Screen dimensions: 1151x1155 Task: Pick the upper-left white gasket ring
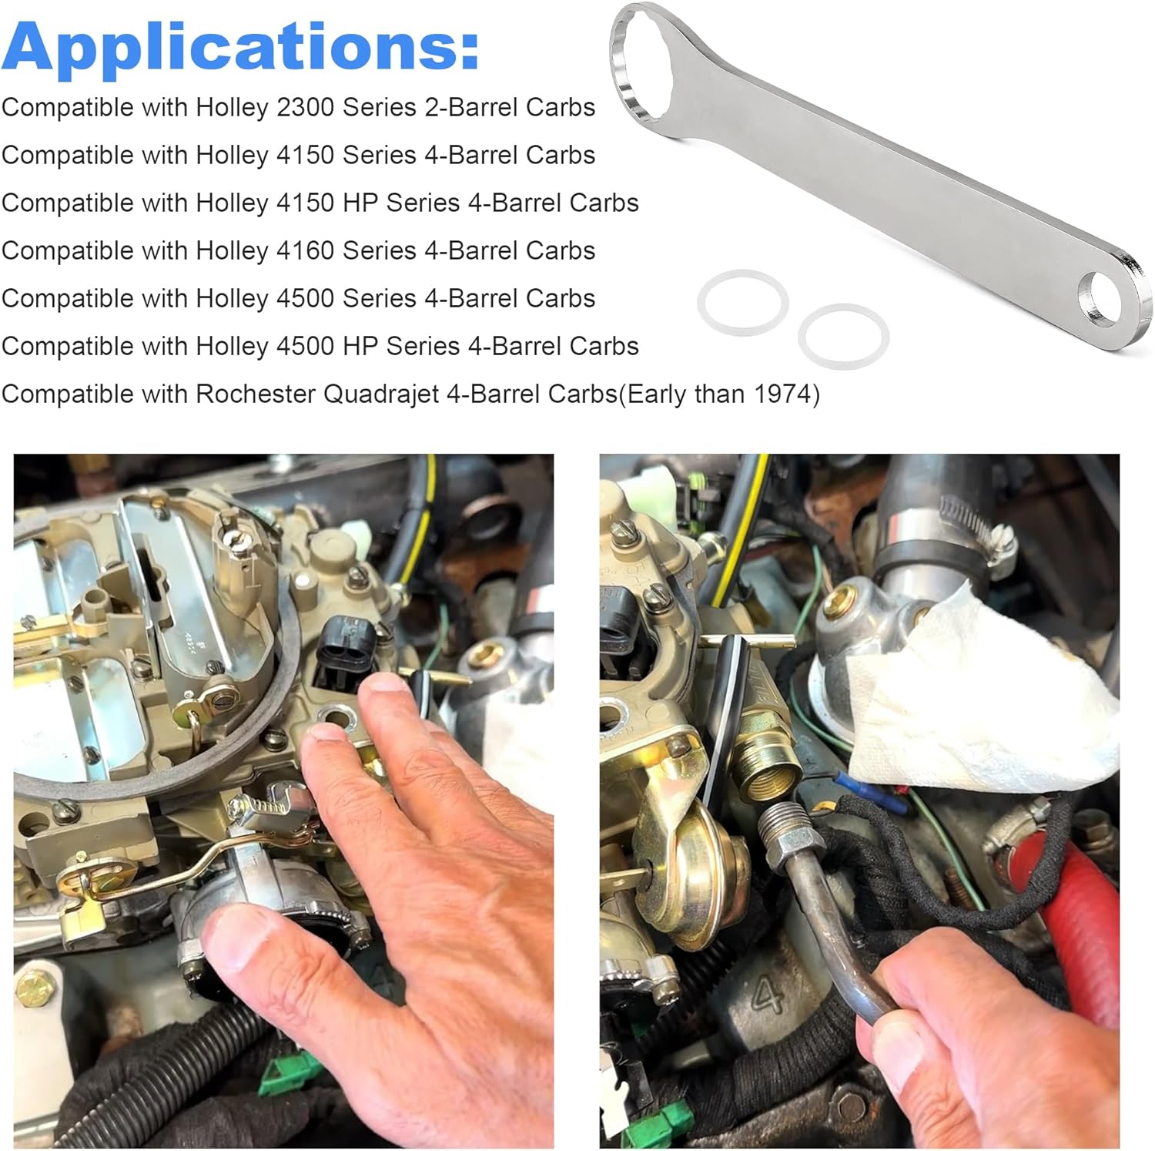coord(742,302)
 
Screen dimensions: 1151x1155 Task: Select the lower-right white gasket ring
coord(843,337)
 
